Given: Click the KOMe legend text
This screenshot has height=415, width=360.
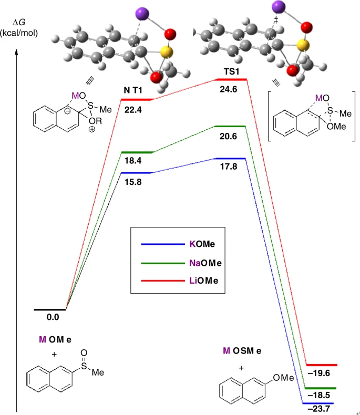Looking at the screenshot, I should tap(200, 244).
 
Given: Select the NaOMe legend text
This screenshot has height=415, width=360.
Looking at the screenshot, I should tap(205, 263).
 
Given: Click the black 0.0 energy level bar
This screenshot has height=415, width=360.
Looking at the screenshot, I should tap(49, 309).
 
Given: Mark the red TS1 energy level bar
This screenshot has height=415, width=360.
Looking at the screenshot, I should tap(232, 79).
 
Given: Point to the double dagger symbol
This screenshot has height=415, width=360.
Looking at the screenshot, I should tap(275, 20).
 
